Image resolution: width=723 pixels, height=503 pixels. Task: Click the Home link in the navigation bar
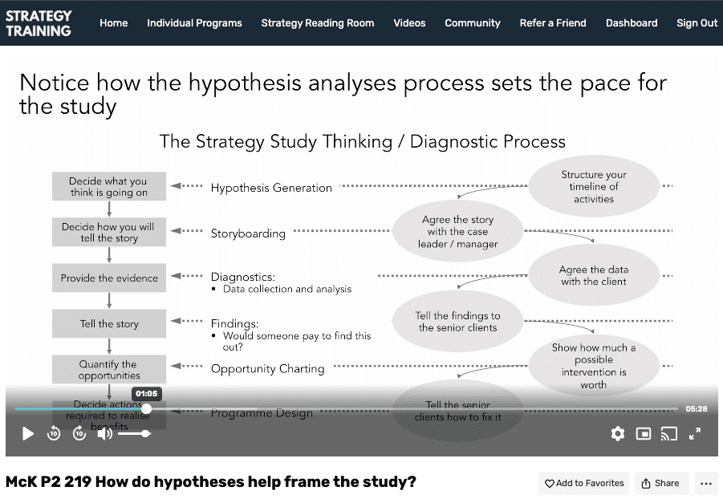coord(113,22)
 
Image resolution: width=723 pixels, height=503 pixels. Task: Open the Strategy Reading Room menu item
coord(317,22)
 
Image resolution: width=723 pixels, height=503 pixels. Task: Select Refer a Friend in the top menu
coord(552,22)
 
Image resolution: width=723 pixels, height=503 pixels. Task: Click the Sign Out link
coord(697,22)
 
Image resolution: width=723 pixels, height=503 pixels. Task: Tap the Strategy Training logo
coord(39,22)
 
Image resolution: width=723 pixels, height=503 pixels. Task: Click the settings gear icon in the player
coord(617,434)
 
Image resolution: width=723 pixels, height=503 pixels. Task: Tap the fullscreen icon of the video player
coord(695,434)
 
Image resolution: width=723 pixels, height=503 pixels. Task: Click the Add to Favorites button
coord(584,483)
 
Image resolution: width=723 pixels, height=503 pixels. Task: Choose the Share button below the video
coord(660,483)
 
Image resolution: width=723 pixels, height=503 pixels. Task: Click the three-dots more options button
coord(706,483)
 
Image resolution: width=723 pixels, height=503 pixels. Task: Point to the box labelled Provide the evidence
coord(109,278)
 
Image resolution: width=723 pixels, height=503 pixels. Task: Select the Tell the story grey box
coord(109,324)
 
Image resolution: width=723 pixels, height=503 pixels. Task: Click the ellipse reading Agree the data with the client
coord(594,275)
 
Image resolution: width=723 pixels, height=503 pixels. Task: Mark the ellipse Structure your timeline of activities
coord(594,187)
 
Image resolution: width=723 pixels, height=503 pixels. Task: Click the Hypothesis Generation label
coord(271,188)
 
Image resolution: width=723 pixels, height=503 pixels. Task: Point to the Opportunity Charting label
coord(267,369)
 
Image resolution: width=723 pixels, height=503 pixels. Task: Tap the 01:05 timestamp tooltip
coord(146,394)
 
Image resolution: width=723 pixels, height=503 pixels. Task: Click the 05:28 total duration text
coord(696,408)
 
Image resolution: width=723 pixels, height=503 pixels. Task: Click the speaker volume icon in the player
coord(104,434)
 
